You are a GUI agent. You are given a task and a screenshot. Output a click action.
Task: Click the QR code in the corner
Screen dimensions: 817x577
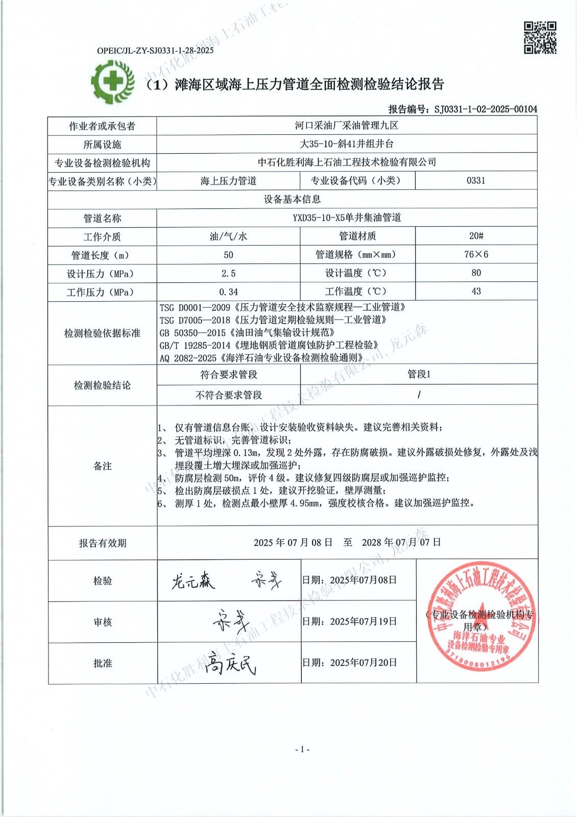540,37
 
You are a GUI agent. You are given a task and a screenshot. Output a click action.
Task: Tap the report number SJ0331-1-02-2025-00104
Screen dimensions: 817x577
486,109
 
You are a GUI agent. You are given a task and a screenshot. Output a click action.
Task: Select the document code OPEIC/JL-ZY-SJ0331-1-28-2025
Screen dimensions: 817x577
155,51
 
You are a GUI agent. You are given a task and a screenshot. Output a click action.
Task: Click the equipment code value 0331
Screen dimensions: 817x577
476,180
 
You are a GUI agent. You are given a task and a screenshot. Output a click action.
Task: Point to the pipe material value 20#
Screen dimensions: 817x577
476,236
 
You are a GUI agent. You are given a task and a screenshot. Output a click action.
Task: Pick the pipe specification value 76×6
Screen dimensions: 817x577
476,254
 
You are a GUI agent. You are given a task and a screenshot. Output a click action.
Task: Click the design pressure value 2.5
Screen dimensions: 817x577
228,273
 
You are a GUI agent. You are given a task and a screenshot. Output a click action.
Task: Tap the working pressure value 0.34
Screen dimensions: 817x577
228,292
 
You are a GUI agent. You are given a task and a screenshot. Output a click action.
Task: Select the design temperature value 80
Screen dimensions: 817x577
476,273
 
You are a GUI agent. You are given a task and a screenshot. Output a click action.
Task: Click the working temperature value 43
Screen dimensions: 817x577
476,291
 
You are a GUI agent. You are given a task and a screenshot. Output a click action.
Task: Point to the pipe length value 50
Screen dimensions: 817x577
228,255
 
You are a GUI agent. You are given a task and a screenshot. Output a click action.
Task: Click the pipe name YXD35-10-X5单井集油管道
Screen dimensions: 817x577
347,218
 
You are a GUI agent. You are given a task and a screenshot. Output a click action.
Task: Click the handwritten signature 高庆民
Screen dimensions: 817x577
230,664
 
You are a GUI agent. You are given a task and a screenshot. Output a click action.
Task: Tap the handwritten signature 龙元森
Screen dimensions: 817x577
193,581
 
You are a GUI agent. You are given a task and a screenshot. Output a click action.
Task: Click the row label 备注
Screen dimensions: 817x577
102,466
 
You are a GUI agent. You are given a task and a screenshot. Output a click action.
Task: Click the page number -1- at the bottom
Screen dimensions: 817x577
302,749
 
